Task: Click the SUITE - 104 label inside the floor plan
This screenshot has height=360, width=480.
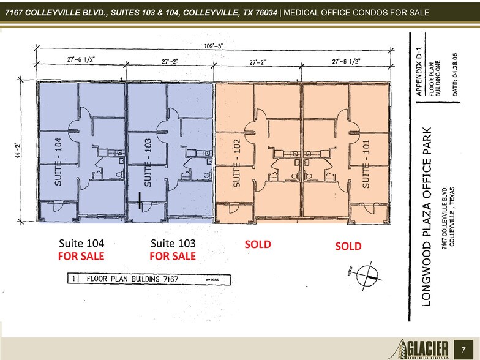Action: pos(59,162)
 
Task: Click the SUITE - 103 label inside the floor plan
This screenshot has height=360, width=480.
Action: pos(148,162)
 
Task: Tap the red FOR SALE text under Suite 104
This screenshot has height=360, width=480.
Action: pos(81,256)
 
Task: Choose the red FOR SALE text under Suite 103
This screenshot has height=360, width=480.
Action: pos(173,256)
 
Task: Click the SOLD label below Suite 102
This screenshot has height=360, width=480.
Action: pos(258,244)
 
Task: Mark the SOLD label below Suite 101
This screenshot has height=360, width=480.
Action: pos(348,246)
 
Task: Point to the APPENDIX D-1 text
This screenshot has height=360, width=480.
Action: pos(419,68)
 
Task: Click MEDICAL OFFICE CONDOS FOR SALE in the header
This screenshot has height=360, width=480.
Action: pos(355,13)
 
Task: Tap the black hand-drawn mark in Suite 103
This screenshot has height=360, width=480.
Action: pos(140,199)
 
